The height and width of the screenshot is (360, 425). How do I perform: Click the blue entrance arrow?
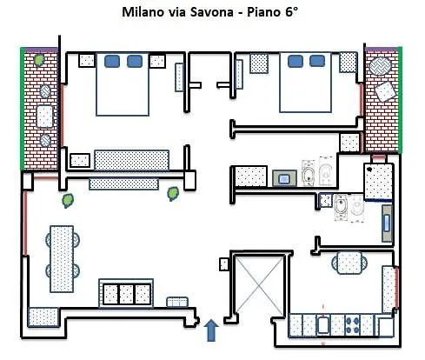point(211,330)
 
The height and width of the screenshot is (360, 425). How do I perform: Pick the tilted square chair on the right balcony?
point(383,92)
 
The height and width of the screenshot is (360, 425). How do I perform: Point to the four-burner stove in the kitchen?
point(354,325)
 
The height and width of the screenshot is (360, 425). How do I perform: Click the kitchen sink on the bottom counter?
point(323,326)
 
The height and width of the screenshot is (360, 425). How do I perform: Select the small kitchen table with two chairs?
point(349,262)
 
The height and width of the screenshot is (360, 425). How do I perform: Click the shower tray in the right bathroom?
point(377,181)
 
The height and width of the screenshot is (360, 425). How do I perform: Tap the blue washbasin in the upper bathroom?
point(283,178)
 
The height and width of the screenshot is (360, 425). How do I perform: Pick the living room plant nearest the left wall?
point(65,200)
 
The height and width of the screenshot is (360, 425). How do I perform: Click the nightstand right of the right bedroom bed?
point(348,63)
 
